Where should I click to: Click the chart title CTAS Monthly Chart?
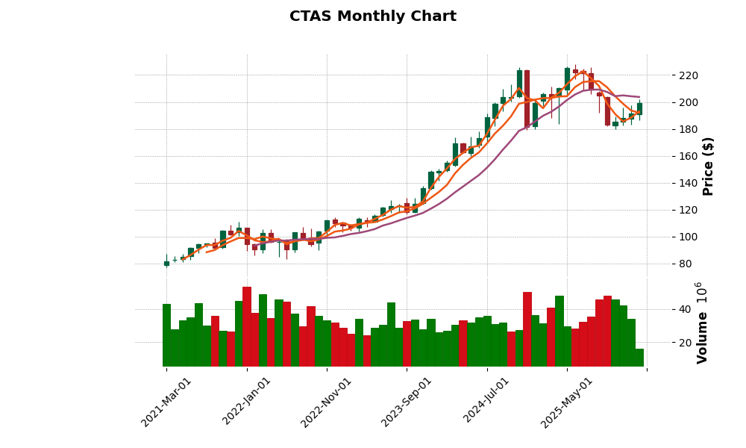372,16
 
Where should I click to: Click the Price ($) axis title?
708,166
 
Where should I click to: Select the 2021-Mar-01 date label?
166,402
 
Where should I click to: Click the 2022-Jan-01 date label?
247,402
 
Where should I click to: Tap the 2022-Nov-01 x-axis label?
326,402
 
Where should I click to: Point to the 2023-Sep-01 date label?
407,402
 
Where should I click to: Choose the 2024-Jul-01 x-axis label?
487,402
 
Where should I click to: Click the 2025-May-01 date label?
567,402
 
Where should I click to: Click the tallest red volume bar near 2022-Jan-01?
247,326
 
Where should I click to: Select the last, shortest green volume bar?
639,358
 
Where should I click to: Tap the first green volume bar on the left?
166,335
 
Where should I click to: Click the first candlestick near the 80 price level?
166,263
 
